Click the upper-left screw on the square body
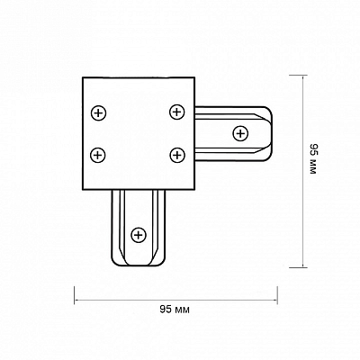click(98, 113)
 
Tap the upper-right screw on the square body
click(177, 112)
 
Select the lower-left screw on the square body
click(98, 156)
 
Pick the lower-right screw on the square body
click(177, 155)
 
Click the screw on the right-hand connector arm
click(240, 133)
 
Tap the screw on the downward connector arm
click(139, 235)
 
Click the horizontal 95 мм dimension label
click(175, 310)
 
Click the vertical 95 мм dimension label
click(313, 159)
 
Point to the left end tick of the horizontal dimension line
click(74, 295)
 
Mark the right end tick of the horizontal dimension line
click(277, 295)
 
